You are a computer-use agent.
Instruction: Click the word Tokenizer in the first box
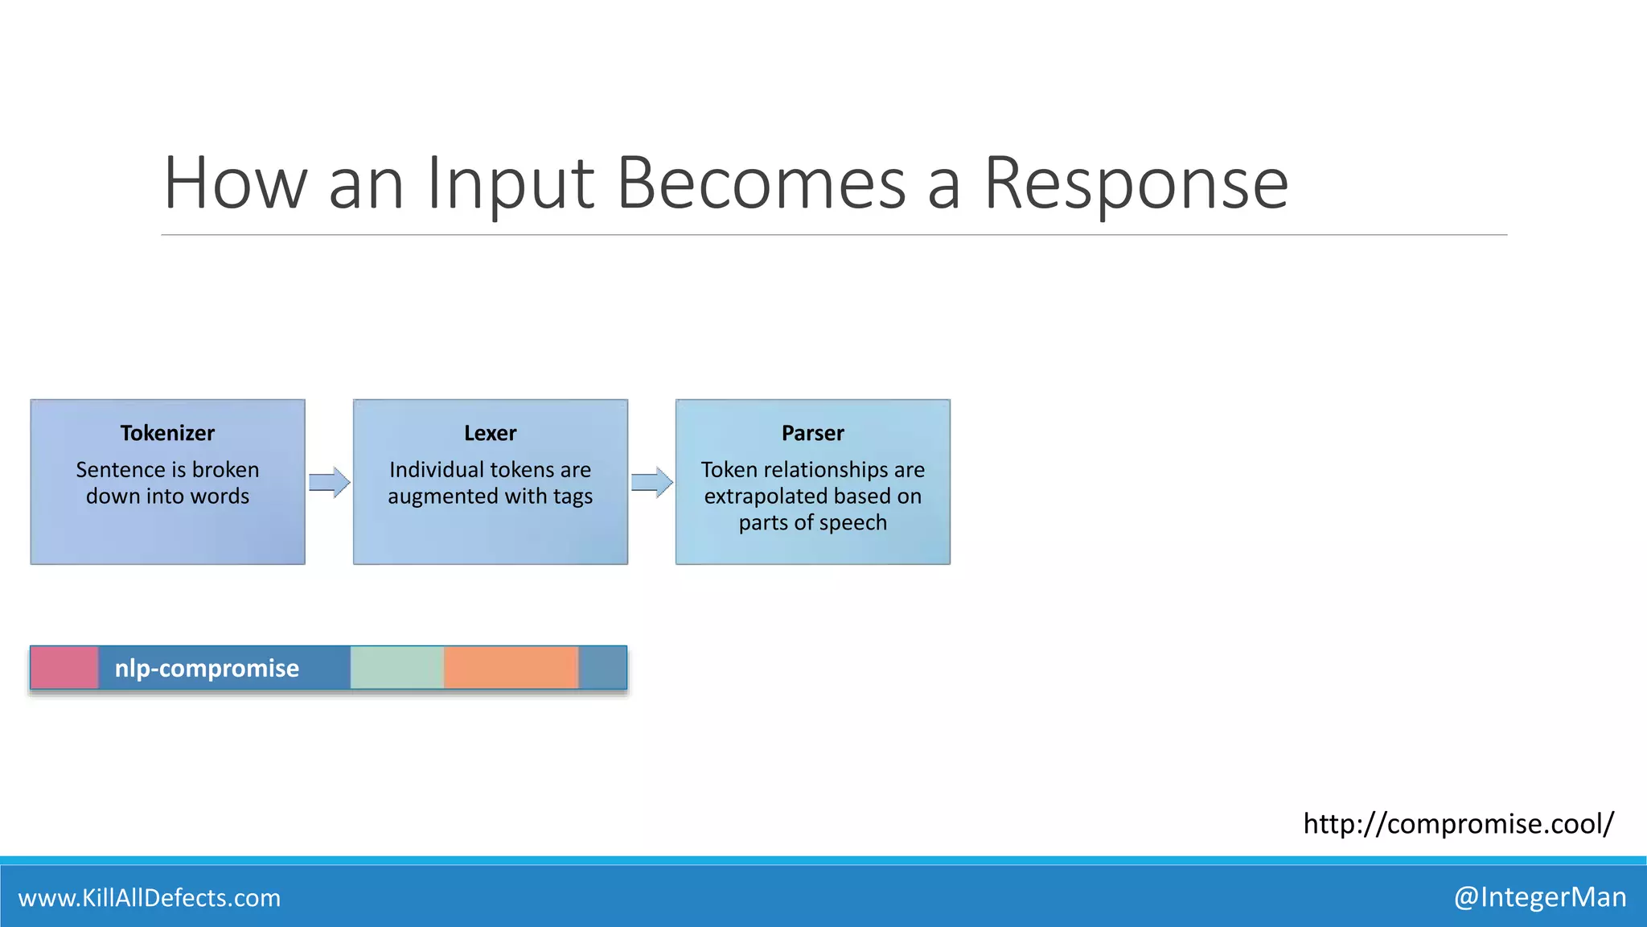(x=167, y=433)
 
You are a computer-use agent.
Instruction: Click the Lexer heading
(x=490, y=433)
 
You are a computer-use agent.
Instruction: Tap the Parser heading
(x=812, y=433)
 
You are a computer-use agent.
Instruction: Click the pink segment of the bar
(x=64, y=668)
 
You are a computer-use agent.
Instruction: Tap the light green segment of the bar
(x=396, y=668)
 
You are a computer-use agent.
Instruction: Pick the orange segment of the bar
(x=511, y=668)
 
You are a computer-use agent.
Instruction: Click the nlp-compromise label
(x=207, y=668)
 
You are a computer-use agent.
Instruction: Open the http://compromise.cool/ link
(x=1458, y=823)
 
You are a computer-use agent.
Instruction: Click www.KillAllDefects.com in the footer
(x=150, y=897)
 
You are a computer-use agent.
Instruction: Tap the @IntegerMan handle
(x=1540, y=896)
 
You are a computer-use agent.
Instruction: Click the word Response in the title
(x=1136, y=185)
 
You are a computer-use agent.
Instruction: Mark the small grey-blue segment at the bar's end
(x=602, y=668)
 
